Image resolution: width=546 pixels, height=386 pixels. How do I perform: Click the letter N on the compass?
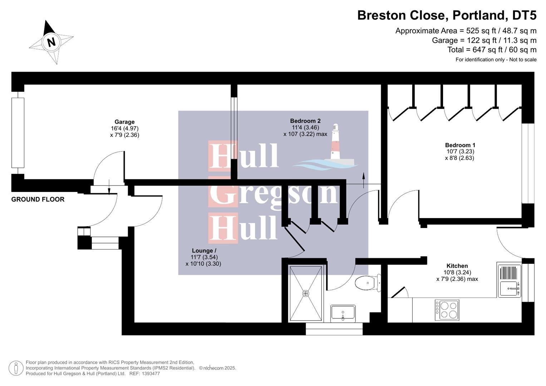(51, 42)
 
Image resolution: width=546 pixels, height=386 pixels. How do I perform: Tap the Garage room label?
(124, 122)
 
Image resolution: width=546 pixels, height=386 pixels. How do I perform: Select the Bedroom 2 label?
(305, 121)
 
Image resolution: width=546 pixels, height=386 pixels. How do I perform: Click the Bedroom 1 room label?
(460, 145)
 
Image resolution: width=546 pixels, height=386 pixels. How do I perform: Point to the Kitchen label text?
(457, 266)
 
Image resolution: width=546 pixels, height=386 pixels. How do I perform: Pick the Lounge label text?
(204, 251)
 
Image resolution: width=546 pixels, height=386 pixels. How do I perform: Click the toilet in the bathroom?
(367, 283)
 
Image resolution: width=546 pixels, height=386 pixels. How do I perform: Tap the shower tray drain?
(306, 293)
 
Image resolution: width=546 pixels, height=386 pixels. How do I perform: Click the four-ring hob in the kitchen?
(447, 310)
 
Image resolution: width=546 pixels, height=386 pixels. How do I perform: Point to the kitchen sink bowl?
(509, 288)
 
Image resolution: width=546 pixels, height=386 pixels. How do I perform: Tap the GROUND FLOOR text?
(38, 199)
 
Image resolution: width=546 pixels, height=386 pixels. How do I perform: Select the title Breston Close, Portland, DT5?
(447, 15)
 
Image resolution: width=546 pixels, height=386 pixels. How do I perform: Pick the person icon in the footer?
(16, 368)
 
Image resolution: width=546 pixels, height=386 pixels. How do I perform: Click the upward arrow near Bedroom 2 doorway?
(364, 179)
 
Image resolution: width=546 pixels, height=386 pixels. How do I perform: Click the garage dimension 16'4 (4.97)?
(124, 128)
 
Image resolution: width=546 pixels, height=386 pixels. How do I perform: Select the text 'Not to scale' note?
(522, 60)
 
